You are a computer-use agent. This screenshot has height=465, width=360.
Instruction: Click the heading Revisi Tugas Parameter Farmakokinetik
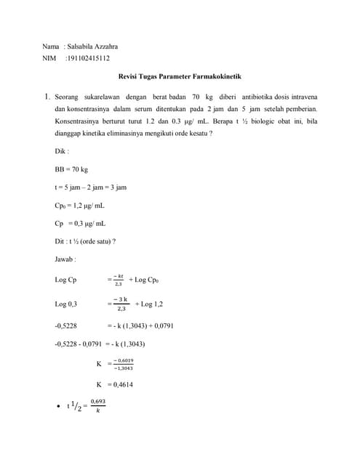[180, 76]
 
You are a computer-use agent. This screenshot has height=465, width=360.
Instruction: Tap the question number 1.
[47, 95]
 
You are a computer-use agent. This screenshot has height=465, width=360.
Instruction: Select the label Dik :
[63, 151]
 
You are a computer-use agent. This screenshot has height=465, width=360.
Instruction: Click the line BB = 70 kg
[71, 169]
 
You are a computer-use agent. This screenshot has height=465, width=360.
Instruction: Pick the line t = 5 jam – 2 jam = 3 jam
[91, 187]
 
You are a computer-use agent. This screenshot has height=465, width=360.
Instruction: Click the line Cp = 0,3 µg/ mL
[80, 224]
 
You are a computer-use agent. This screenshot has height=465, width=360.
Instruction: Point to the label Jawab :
[65, 259]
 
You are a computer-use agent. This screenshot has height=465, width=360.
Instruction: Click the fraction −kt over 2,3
[118, 280]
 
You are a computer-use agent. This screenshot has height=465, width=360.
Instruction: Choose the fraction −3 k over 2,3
[121, 304]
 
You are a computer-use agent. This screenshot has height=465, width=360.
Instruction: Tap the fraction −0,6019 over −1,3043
[124, 363]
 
